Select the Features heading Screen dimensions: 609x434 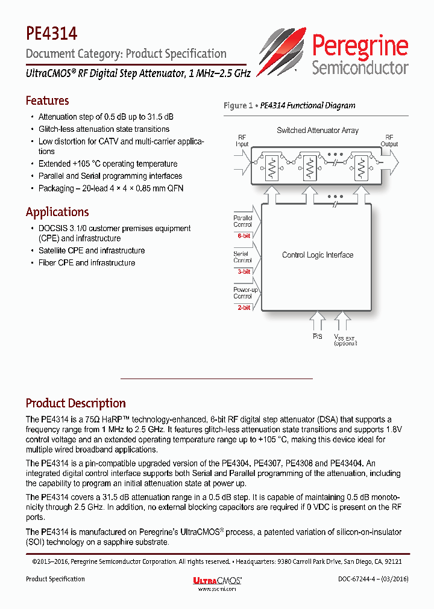coord(47,100)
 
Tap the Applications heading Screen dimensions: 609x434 coord(57,212)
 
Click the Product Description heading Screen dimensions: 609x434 coord(75,403)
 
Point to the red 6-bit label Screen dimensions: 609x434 coord(243,236)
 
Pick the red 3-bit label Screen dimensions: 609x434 coord(243,271)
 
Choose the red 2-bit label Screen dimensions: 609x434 coord(243,307)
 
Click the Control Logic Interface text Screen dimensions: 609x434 coord(318,255)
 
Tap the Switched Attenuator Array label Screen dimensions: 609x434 coord(318,130)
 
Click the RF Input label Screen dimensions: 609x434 coord(242,140)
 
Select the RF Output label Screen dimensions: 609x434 coord(389,140)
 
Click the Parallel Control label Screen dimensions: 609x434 coord(242,221)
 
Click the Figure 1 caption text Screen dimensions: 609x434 coord(289,105)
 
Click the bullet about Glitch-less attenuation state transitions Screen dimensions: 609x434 coord(104,129)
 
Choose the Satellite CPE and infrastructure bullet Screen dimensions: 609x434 coord(92,250)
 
